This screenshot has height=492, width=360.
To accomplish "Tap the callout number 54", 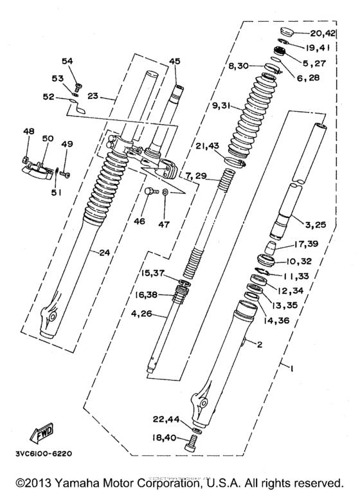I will [x=67, y=60].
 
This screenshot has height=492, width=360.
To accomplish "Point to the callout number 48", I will [x=28, y=131].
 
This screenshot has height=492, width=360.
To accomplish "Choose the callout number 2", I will [x=260, y=345].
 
